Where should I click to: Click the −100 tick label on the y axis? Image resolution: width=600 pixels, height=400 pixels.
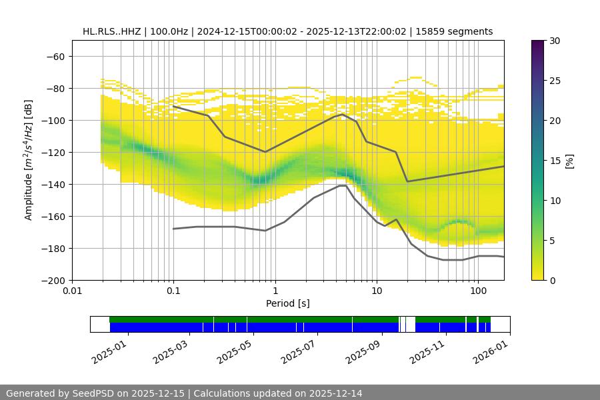55,120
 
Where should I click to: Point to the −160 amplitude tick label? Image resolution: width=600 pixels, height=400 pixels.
55,216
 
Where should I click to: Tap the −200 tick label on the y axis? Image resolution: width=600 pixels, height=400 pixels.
55,280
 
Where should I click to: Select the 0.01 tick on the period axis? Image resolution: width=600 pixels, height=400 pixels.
72,291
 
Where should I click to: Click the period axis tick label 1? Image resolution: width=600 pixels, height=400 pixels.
275,291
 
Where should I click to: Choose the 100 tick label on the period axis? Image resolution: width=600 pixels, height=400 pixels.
477,291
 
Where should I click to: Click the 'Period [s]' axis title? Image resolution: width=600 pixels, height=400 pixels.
288,303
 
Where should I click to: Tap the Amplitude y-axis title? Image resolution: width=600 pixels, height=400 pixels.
29,160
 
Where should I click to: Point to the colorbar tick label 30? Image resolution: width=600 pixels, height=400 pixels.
554,41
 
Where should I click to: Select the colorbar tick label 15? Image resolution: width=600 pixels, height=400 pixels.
554,161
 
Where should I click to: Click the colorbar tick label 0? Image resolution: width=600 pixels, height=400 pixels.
551,281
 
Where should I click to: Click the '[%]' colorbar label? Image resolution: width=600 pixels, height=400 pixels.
569,161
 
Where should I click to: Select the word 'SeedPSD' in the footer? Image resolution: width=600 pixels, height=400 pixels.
93,393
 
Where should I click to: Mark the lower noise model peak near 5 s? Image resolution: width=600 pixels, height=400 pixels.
343,185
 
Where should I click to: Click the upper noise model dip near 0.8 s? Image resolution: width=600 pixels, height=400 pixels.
265,152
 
